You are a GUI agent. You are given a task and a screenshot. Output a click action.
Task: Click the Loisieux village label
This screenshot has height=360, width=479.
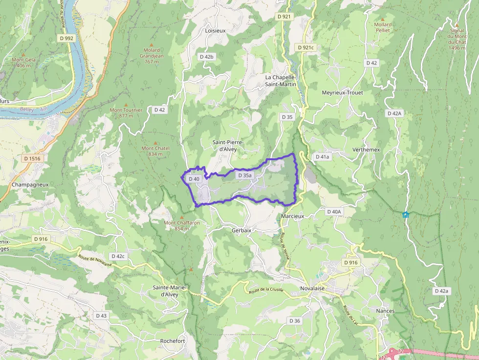click(216, 30)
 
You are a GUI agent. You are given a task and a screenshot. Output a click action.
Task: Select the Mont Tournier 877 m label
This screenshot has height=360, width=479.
click(126, 113)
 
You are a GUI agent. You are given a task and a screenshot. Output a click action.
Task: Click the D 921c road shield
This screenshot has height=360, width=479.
click(305, 47)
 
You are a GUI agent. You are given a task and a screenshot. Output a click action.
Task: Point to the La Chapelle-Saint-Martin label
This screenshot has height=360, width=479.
click(281, 81)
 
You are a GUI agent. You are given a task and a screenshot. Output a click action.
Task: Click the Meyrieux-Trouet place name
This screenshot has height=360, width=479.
click(342, 93)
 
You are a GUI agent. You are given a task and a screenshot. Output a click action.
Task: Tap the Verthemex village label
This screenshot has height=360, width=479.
click(366, 149)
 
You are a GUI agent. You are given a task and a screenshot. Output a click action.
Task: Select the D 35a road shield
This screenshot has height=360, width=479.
click(244, 175)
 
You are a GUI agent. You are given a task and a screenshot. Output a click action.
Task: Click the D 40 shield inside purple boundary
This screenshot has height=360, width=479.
click(194, 179)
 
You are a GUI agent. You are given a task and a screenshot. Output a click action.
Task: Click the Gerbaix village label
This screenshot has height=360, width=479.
click(241, 230)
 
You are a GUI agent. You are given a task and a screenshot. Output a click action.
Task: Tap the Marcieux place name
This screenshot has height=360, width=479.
click(293, 216)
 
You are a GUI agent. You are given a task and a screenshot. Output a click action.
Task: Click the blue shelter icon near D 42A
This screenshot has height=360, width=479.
click(405, 215)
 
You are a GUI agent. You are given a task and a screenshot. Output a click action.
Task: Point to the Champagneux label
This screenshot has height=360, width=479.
click(29, 185)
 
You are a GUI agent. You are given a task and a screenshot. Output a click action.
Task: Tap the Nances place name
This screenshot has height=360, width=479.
click(385, 311)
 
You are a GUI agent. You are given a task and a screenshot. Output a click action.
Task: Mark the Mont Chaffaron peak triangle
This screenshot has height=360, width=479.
click(182, 217)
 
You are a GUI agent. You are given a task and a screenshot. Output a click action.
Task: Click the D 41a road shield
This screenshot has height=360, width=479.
click(322, 157)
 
